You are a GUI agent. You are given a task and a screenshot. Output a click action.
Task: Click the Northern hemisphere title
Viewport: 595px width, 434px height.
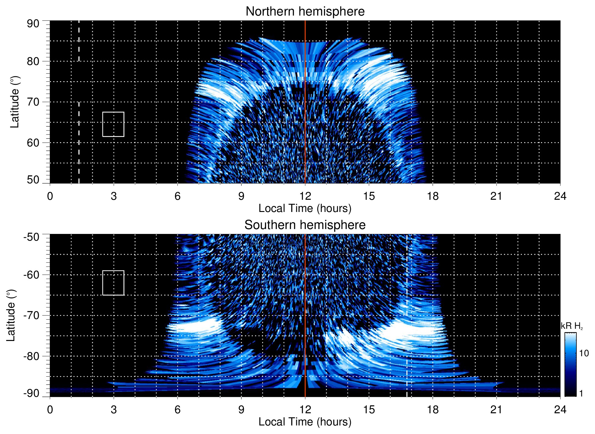point(305,12)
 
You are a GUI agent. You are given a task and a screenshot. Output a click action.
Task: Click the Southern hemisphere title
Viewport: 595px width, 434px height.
point(305,225)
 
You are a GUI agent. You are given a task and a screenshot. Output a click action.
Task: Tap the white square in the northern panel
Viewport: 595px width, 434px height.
point(113,124)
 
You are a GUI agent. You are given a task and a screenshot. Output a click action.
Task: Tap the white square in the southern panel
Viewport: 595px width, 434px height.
point(113,283)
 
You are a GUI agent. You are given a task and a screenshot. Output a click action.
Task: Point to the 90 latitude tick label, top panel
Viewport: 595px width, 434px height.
point(33,24)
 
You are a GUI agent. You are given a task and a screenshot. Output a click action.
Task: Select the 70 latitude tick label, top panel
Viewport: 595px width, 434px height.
point(33,102)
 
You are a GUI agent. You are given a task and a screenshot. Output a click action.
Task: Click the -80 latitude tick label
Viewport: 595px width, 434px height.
point(31,356)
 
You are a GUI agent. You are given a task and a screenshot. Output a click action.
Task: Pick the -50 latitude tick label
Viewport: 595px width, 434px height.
point(31,237)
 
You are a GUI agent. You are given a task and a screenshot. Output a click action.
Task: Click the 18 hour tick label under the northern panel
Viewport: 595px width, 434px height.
point(433,196)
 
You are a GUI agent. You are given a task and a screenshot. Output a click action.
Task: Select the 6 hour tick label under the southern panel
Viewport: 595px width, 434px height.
point(178,410)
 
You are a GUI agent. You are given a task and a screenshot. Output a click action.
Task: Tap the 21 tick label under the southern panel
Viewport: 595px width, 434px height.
point(496,410)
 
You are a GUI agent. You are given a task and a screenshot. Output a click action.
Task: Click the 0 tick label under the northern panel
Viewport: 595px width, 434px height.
point(50,196)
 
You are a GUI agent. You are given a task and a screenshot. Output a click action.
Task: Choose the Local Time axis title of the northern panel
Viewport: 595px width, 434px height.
point(305,209)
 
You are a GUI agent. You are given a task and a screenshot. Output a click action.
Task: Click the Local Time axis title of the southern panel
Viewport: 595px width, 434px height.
point(305,422)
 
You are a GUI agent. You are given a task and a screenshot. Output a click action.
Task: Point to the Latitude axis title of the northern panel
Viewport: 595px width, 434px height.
point(15,102)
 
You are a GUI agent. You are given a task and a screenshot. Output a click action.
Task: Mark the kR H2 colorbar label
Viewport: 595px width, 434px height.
point(572,326)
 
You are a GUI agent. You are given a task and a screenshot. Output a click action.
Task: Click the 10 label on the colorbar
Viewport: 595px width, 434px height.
point(584,353)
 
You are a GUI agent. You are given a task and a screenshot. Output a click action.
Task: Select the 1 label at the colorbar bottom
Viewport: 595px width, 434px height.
point(581,393)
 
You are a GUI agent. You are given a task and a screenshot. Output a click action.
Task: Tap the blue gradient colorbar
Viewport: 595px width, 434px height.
point(570,364)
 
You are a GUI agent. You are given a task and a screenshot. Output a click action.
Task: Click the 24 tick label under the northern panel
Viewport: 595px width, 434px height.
point(560,196)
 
